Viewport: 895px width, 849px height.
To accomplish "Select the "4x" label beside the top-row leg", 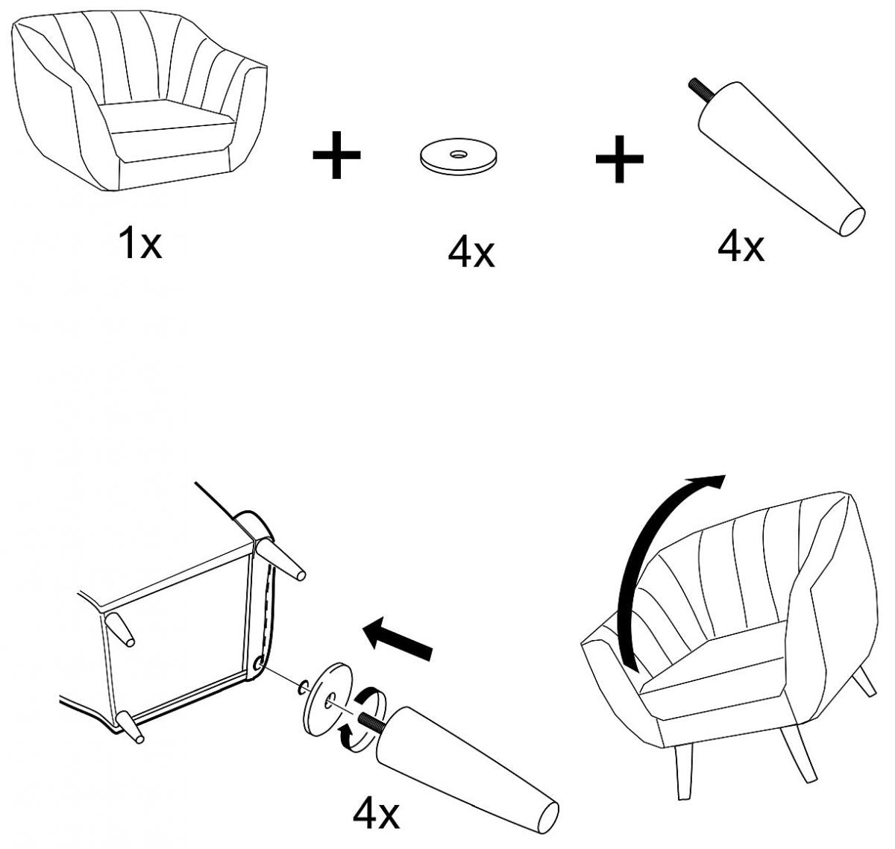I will tap(741, 245).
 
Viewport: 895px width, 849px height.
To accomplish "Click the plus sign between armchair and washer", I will tap(336, 154).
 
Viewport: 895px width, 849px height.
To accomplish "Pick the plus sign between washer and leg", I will tap(619, 158).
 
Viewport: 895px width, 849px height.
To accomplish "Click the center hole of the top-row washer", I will tap(456, 154).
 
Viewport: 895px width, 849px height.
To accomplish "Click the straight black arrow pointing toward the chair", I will tap(398, 640).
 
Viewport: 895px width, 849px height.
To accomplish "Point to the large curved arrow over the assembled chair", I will tap(656, 552).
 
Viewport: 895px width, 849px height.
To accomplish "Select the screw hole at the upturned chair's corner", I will tap(258, 662).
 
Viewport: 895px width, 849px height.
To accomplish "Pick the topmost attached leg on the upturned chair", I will tap(281, 560).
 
